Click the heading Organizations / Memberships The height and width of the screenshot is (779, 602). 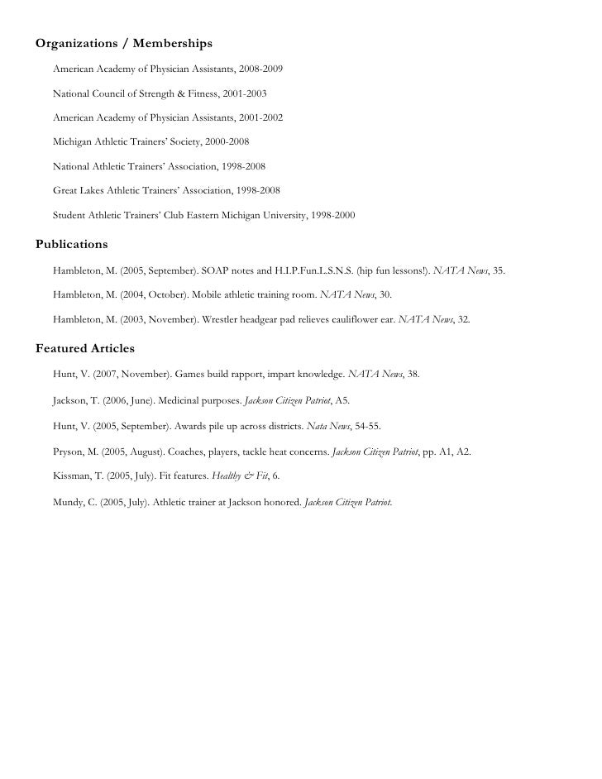pos(124,42)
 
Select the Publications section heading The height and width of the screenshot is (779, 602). pos(72,245)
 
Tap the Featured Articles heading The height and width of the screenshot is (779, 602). pos(85,348)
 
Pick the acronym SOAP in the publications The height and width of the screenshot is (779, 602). pos(214,270)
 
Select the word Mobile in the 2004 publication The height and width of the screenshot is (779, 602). pos(207,294)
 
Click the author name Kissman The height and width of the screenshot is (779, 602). pos(71,477)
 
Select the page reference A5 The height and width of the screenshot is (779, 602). pos(341,400)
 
